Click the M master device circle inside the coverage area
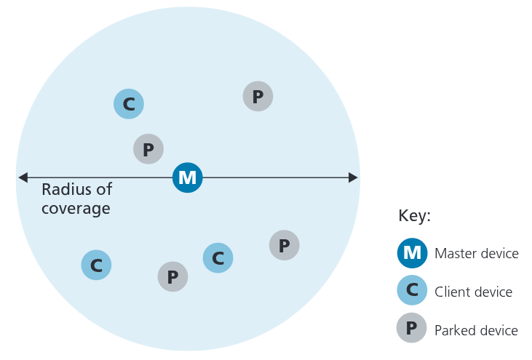188,177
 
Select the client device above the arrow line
129,104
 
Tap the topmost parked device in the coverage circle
258,96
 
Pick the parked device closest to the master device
148,149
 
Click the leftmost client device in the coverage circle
96,265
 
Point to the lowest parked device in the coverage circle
172,276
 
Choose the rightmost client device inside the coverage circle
218,257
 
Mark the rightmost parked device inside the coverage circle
285,245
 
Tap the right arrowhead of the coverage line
353,177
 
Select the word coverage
76,209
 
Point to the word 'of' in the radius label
104,190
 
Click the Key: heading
415,216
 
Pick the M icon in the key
412,253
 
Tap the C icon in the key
412,291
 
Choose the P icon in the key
412,329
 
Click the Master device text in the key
476,254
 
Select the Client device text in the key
473,292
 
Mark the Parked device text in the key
476,330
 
